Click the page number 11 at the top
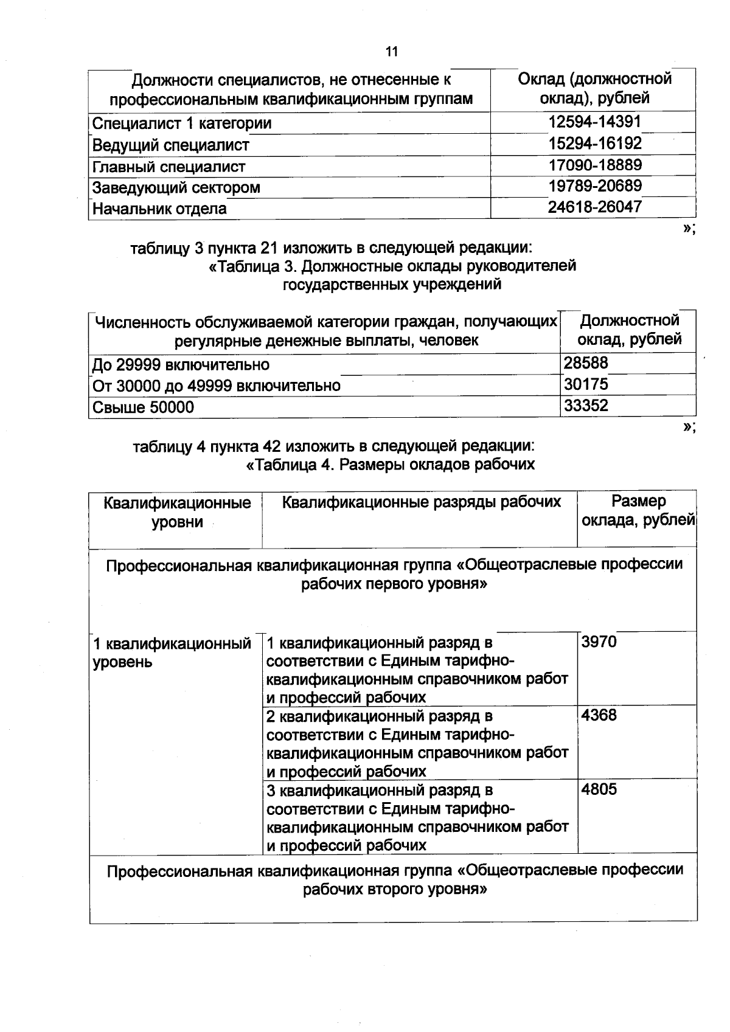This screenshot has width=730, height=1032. pyautogui.click(x=392, y=52)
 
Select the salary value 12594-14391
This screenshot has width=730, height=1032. pyautogui.click(x=594, y=122)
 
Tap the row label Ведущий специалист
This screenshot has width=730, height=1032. pyautogui.click(x=171, y=145)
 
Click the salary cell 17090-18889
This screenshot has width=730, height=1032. pyautogui.click(x=594, y=165)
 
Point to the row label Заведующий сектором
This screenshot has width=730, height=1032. pyautogui.click(x=176, y=187)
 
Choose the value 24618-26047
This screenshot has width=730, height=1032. pyautogui.click(x=594, y=207)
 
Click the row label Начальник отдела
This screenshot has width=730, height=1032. pyautogui.click(x=159, y=209)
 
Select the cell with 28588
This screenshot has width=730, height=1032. pyautogui.click(x=586, y=363)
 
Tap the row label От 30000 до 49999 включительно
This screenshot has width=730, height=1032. pyautogui.click(x=216, y=386)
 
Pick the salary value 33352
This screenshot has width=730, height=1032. pyautogui.click(x=586, y=406)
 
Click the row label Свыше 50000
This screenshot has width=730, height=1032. pyautogui.click(x=143, y=407)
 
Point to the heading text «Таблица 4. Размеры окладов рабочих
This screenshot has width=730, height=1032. pyautogui.click(x=390, y=465)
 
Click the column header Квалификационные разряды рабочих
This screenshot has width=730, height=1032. pyautogui.click(x=422, y=502)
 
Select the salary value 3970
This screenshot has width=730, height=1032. pyautogui.click(x=599, y=642)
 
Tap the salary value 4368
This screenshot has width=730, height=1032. pyautogui.click(x=599, y=715)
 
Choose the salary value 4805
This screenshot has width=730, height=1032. pyautogui.click(x=599, y=789)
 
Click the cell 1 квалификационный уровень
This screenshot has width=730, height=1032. pyautogui.click(x=172, y=653)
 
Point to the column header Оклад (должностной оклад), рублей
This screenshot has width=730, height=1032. pyautogui.click(x=594, y=88)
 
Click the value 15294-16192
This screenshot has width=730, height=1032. pyautogui.click(x=594, y=144)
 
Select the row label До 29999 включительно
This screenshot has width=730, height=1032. pyautogui.click(x=181, y=364)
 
